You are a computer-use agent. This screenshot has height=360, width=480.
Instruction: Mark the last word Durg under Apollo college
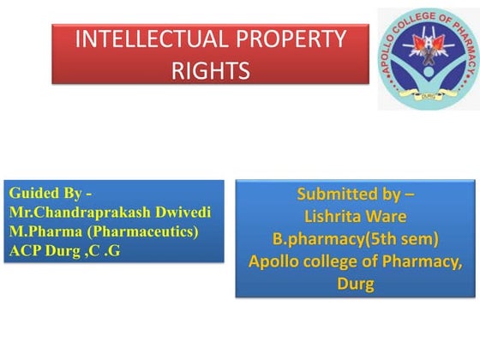click(355, 284)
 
